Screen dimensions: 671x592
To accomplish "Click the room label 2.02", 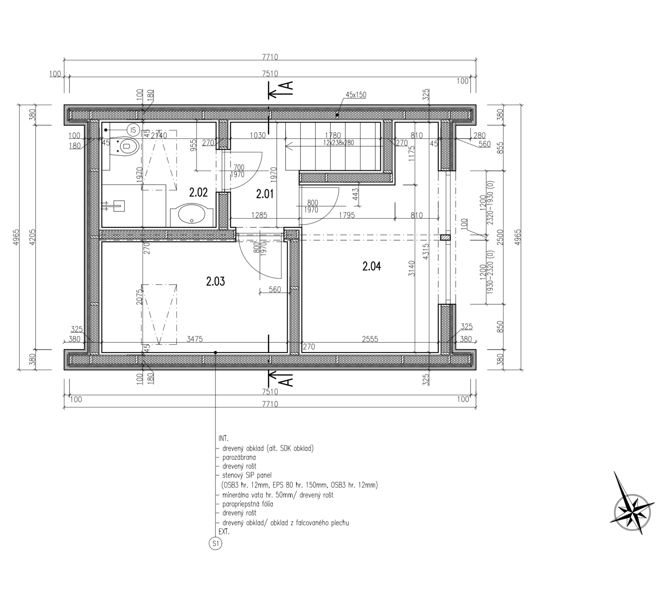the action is coord(198,193).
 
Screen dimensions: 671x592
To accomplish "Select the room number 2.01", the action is coord(265,194).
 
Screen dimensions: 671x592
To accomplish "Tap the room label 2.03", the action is coord(215,281).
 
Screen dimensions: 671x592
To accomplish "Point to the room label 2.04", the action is coord(372,266).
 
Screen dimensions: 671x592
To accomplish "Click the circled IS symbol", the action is coord(133,130).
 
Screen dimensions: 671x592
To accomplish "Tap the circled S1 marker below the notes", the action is coord(215,544).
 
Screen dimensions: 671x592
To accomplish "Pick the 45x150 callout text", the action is coord(356,95).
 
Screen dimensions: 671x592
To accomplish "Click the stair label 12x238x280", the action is coord(339,143).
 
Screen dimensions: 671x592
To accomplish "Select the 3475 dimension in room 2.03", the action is coord(195,339).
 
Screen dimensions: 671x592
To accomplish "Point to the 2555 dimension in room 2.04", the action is coord(370,339).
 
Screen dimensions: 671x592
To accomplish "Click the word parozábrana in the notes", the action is coord(239,457).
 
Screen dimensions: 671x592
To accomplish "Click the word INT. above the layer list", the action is coord(223,438).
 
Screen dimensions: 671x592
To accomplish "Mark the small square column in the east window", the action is coord(445,237).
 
